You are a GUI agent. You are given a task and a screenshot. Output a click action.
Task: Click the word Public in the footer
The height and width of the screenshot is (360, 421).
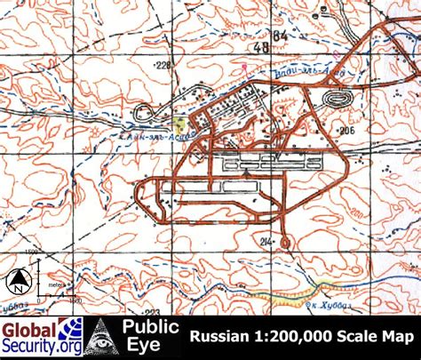144,328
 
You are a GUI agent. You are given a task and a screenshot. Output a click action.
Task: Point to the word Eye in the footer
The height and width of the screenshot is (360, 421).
143,348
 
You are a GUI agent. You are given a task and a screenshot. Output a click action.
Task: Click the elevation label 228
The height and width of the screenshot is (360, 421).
163,65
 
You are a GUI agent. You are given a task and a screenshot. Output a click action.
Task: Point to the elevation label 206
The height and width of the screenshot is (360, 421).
346,130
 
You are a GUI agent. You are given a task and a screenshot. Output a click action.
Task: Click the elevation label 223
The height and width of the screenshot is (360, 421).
152,311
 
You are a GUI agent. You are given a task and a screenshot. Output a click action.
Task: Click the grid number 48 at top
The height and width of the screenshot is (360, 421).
260,47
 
